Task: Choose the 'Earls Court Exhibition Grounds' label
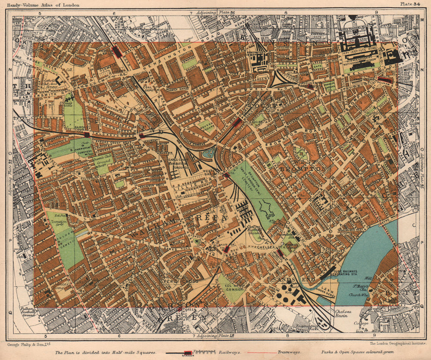click(177, 164)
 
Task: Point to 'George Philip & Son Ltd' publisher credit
click(29, 344)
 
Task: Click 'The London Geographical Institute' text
click(396, 344)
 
